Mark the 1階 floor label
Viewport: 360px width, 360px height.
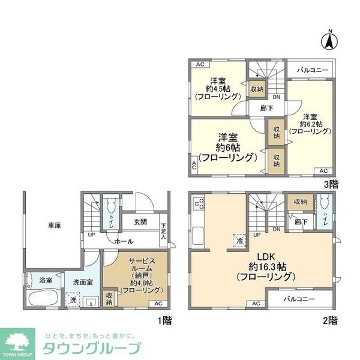pos(164,320)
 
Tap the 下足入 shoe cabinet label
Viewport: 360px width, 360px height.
pos(163,231)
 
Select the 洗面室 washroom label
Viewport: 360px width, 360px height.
pos(82,282)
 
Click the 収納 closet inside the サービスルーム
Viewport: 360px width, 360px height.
pos(109,299)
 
